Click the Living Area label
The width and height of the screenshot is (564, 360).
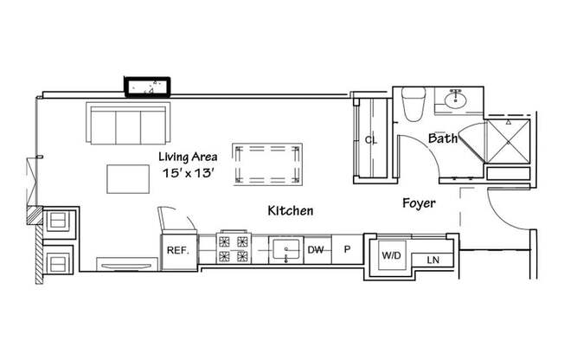187,157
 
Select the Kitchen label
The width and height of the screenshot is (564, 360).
290,210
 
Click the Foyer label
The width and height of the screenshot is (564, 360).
419,203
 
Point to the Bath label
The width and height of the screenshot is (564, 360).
443,138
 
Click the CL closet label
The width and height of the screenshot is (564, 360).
370,138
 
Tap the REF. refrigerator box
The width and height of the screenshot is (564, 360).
177,250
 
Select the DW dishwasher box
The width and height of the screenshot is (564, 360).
316,250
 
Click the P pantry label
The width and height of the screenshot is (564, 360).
347,250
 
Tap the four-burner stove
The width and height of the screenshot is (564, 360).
235,250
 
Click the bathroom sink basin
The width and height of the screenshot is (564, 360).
453,101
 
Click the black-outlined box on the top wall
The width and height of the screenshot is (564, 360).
150,87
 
